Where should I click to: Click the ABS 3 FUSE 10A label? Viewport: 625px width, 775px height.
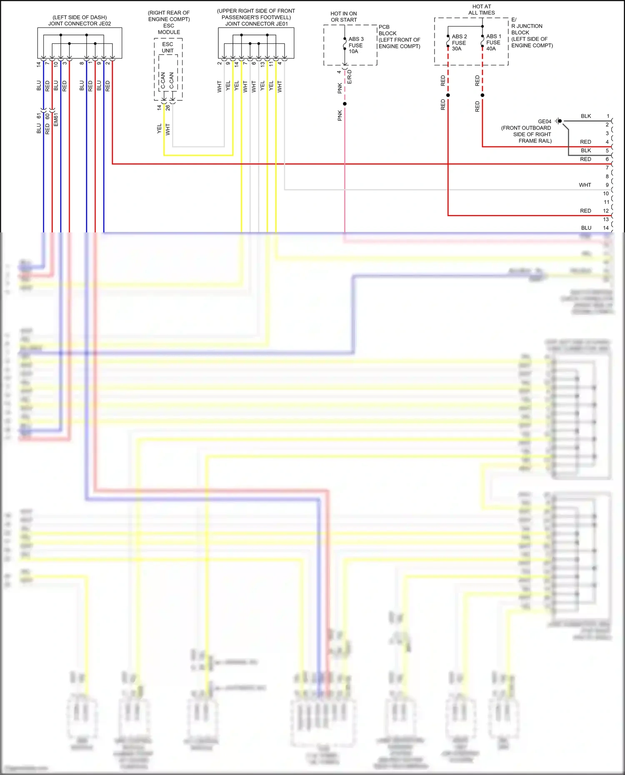[355, 45]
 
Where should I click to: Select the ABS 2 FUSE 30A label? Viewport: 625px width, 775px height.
[459, 42]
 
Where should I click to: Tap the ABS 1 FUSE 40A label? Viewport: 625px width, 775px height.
[493, 42]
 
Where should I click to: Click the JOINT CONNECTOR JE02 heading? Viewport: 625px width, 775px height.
[80, 24]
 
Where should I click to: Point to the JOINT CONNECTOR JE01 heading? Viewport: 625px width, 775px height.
[256, 24]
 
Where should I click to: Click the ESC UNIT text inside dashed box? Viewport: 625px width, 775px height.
[167, 47]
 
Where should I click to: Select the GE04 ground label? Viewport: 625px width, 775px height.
[544, 122]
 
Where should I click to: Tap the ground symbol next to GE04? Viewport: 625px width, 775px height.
[558, 121]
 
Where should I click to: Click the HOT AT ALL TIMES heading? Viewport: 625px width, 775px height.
[481, 10]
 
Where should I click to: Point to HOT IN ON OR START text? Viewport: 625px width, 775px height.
[344, 17]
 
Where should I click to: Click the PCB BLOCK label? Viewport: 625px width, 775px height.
[387, 30]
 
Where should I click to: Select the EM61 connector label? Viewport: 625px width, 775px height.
[56, 119]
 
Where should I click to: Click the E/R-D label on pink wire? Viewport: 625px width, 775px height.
[350, 77]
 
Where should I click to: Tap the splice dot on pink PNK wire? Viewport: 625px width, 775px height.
[345, 104]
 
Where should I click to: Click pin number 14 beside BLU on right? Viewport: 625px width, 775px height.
[606, 228]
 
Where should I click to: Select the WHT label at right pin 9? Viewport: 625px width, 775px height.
[585, 185]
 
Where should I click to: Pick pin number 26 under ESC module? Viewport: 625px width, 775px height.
[167, 107]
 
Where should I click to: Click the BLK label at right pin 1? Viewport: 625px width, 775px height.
[586, 116]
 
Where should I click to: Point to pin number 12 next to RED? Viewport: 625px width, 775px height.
[606, 211]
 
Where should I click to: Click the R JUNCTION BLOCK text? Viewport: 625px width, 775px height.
[527, 29]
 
